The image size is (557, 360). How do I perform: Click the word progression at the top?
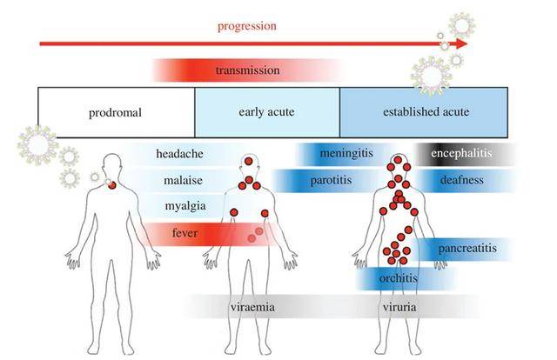(x=247, y=25)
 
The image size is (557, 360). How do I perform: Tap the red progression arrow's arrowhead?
(x=460, y=43)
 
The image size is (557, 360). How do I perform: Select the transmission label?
(x=247, y=70)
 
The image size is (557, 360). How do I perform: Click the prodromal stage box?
(x=115, y=112)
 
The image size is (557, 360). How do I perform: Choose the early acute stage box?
(x=266, y=112)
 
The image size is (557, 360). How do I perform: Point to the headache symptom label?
(x=180, y=154)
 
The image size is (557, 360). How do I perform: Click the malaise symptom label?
(x=180, y=181)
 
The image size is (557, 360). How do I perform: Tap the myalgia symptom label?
(x=180, y=207)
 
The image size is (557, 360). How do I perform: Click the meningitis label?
(x=346, y=154)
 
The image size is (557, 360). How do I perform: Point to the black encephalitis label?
(x=461, y=154)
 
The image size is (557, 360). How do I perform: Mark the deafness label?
(x=461, y=181)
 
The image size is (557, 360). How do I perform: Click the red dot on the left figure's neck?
(x=112, y=185)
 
